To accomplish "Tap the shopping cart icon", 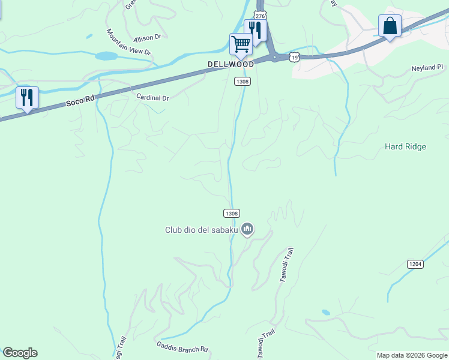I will [x=241, y=43].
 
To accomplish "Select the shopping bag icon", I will [x=390, y=26].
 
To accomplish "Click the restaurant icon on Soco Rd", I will [x=27, y=97].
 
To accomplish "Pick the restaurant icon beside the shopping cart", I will [x=255, y=30].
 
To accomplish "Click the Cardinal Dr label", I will [x=152, y=97].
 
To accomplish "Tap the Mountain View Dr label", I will [x=128, y=42].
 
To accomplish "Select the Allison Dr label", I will [x=149, y=37].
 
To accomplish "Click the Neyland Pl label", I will [x=427, y=68].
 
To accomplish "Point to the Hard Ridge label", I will [x=405, y=146].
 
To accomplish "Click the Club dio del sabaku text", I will [x=201, y=229].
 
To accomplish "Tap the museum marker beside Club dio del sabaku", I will [x=247, y=229].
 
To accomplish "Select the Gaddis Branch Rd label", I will [x=182, y=347].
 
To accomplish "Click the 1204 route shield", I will [x=415, y=264].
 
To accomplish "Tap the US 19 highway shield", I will [x=293, y=56].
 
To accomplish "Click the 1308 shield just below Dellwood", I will [x=242, y=81].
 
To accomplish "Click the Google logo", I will [x=20, y=353].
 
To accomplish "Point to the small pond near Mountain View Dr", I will [x=106, y=56].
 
